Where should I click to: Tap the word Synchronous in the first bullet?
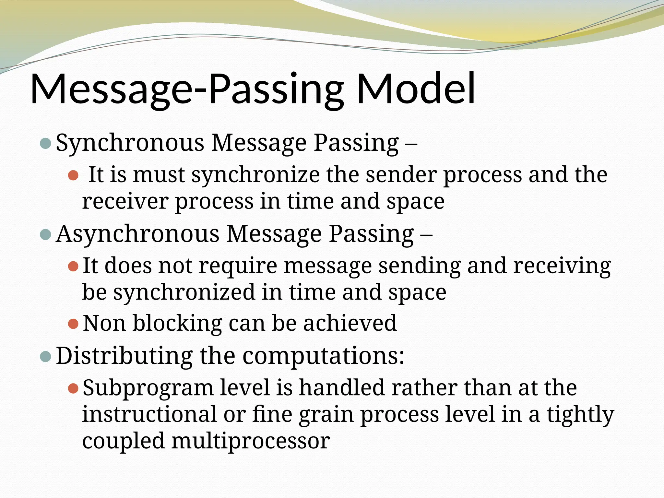pos(130,143)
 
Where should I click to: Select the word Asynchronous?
pos(137,234)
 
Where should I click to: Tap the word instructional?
pos(149,414)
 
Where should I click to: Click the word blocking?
pos(177,323)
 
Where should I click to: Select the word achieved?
pos(350,323)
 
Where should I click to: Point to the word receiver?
pos(125,202)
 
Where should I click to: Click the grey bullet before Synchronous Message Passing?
pos(45,143)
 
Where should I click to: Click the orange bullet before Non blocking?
pos(74,324)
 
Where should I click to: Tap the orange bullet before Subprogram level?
pos(74,388)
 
